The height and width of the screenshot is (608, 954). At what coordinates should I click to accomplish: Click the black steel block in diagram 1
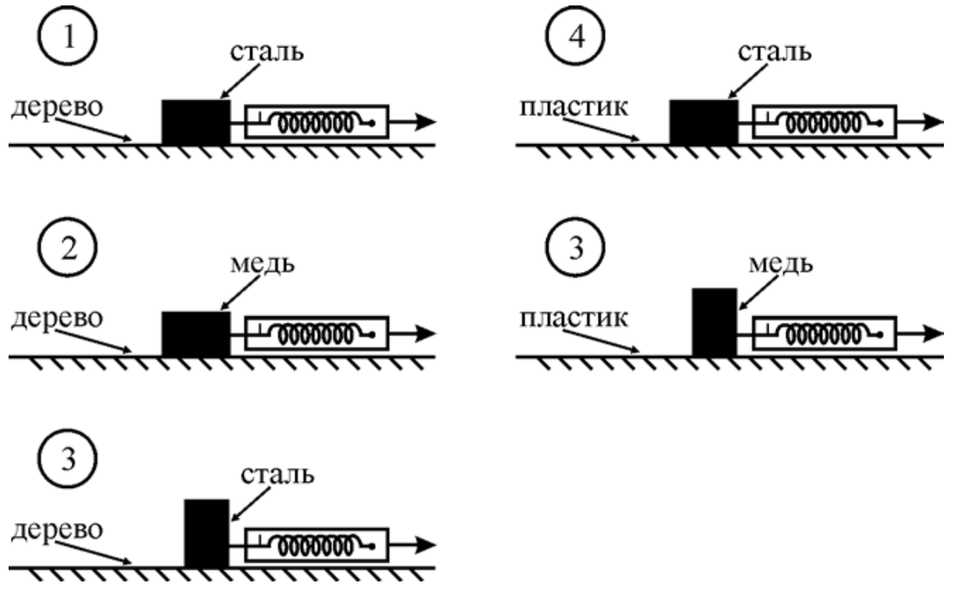tap(196, 122)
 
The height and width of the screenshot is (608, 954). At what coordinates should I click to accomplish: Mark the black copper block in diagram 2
tap(196, 334)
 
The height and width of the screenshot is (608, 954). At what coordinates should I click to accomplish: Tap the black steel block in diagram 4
tap(703, 122)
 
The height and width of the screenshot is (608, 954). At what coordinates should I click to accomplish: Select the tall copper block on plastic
tap(714, 323)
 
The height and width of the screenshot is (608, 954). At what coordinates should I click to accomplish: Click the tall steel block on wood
tap(207, 534)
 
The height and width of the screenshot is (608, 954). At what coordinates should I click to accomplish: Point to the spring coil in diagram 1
tap(316, 123)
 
